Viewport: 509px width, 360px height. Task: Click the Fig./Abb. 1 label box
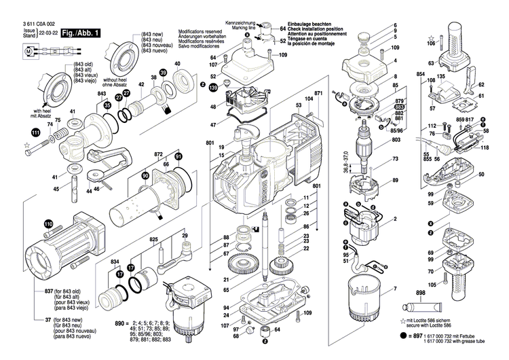[x=81, y=33]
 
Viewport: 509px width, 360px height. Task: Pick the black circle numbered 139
[x=213, y=88]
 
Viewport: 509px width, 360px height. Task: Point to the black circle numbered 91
[x=179, y=157]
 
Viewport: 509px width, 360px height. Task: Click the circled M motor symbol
[x=29, y=50]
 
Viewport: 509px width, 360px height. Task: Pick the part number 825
[x=153, y=240]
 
